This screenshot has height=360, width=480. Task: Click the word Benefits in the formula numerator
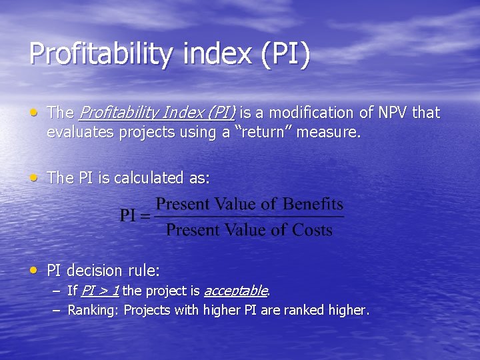tap(312, 204)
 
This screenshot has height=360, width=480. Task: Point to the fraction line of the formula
tap(250, 217)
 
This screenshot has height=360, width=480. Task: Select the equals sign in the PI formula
tap(147, 215)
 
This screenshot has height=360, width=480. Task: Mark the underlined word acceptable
tap(235, 291)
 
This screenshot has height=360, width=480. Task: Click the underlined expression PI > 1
tap(101, 291)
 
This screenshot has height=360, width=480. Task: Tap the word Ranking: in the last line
tap(94, 310)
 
